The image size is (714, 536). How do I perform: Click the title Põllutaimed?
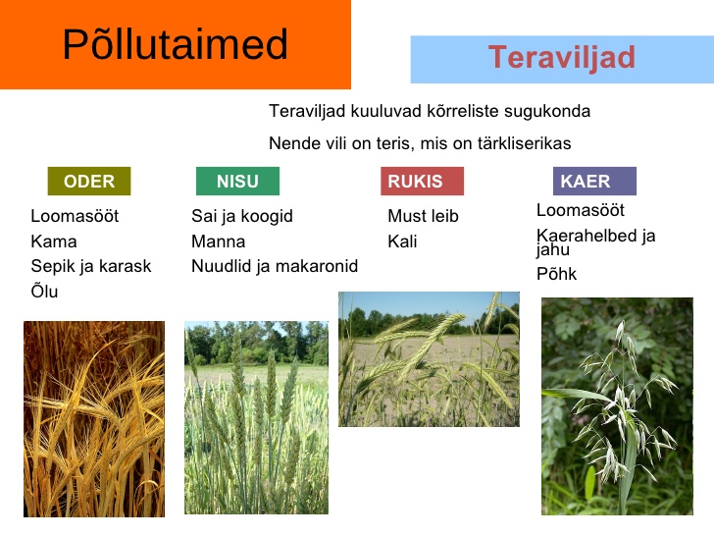[x=175, y=44]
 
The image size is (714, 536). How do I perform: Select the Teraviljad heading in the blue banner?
[x=562, y=58]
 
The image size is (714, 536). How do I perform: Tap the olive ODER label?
[x=89, y=181]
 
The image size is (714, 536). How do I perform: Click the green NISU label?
[x=237, y=181]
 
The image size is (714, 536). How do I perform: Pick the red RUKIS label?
[x=422, y=181]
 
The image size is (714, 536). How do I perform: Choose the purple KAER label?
[x=594, y=181]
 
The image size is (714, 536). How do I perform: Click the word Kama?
[x=54, y=241]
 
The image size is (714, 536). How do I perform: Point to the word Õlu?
[x=45, y=291]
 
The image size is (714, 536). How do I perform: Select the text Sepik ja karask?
[x=91, y=266]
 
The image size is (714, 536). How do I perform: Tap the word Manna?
[x=218, y=241]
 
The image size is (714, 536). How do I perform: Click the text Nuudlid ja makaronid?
[x=275, y=266]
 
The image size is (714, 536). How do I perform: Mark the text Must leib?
[x=423, y=216]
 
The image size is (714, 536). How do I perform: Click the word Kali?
[x=402, y=241]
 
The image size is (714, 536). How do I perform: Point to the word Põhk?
[x=556, y=274]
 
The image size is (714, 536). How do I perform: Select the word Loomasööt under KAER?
[x=581, y=210]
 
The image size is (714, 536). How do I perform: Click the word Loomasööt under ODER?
[x=75, y=216]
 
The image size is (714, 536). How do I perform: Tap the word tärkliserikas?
[x=524, y=143]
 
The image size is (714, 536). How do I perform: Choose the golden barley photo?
[x=94, y=419]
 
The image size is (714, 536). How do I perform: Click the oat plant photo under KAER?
[x=617, y=406]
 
